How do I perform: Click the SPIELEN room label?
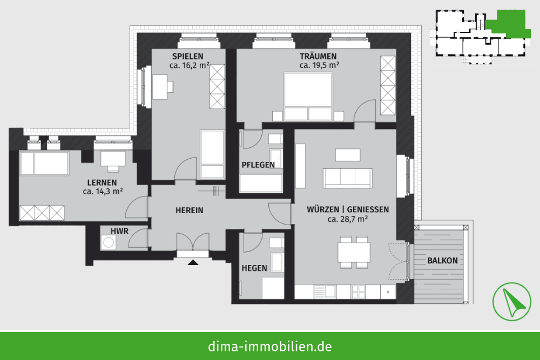[x=188, y=57]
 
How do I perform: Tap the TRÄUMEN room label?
[x=318, y=56]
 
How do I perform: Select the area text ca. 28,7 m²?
[x=348, y=219]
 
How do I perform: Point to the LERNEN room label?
[x=102, y=183]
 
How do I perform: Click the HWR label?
[x=119, y=231]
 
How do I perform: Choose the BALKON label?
[x=443, y=261]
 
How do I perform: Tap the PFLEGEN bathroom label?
[x=258, y=165]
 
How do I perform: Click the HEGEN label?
[x=254, y=268]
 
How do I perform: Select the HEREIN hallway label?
[x=190, y=210]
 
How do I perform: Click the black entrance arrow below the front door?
[x=193, y=263]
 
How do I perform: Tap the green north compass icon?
[x=512, y=302]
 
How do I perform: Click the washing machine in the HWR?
[x=109, y=243]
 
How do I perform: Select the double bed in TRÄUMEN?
[x=308, y=97]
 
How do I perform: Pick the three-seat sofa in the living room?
[x=347, y=178]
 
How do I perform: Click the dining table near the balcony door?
[x=354, y=252]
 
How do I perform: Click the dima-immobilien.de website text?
[x=270, y=346]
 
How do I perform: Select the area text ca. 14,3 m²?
[x=103, y=192]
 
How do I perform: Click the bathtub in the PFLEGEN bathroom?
[x=261, y=183]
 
